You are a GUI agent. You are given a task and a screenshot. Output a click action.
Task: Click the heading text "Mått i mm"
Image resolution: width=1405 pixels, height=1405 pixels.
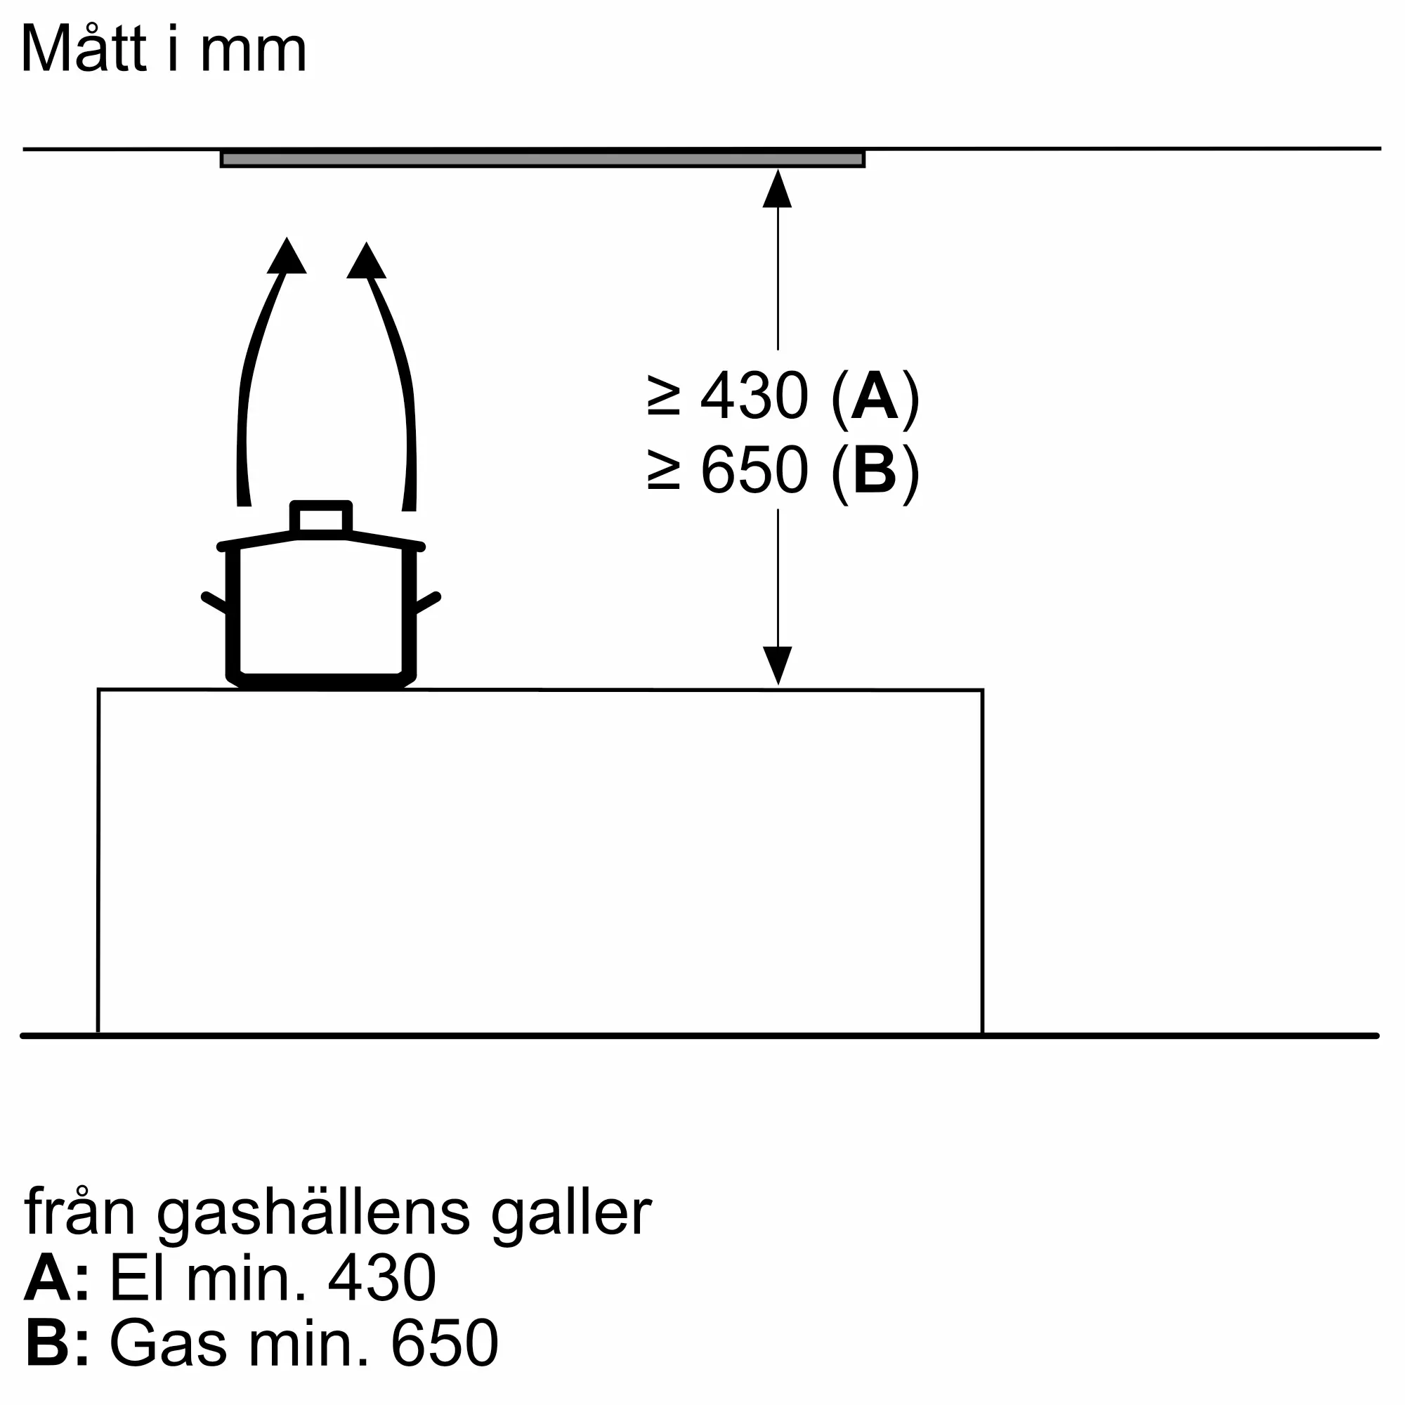point(164,48)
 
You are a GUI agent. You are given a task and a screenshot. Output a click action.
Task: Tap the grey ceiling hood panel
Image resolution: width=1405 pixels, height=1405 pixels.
point(542,159)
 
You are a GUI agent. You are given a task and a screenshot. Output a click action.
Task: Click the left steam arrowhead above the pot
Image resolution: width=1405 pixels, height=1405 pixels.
point(287,255)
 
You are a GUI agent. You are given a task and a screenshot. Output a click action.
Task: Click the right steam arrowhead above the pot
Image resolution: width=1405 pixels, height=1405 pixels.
point(366,261)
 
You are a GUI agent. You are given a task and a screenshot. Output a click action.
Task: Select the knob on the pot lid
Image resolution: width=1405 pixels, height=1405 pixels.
point(321,519)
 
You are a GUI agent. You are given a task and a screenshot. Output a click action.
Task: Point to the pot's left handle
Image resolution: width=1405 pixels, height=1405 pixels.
point(215,602)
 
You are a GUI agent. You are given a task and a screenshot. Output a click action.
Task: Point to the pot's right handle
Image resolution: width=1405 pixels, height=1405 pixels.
point(428,602)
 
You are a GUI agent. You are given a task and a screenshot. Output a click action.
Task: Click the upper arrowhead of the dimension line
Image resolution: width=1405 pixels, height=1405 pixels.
point(778,188)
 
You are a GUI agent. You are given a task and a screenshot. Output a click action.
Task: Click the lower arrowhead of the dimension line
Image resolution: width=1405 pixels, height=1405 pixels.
point(778,665)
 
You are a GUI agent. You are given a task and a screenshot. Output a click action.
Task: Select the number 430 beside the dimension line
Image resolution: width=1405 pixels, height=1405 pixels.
point(754,396)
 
